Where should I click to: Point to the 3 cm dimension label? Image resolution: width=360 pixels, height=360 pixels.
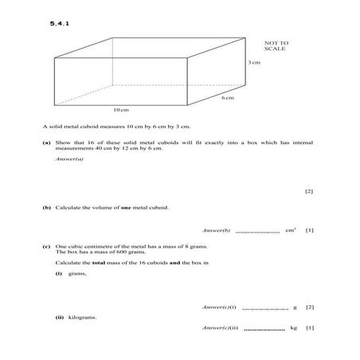point(254,62)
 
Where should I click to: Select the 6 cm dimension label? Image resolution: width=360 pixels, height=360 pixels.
point(228,98)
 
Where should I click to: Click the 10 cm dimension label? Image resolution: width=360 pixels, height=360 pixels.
point(120,109)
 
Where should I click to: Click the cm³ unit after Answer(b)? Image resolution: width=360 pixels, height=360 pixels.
point(291,230)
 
